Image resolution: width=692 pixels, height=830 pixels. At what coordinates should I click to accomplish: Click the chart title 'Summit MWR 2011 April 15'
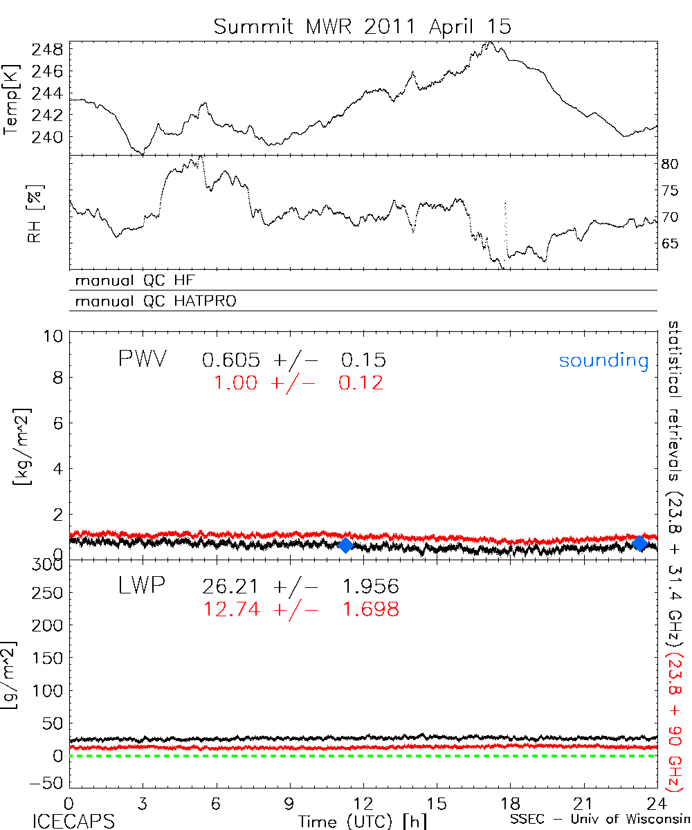click(362, 26)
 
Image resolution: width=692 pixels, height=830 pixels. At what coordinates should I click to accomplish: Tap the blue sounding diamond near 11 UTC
click(346, 545)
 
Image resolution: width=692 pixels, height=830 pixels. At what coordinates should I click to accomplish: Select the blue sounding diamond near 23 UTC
click(640, 543)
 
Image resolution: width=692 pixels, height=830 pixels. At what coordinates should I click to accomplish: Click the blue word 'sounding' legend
click(604, 360)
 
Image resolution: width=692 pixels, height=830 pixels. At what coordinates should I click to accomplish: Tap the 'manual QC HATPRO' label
click(152, 302)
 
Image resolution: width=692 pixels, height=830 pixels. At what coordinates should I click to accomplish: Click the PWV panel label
click(142, 359)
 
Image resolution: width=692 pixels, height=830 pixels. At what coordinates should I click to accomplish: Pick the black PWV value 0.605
click(231, 360)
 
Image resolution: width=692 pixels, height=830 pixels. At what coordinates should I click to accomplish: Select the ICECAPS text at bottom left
click(73, 821)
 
